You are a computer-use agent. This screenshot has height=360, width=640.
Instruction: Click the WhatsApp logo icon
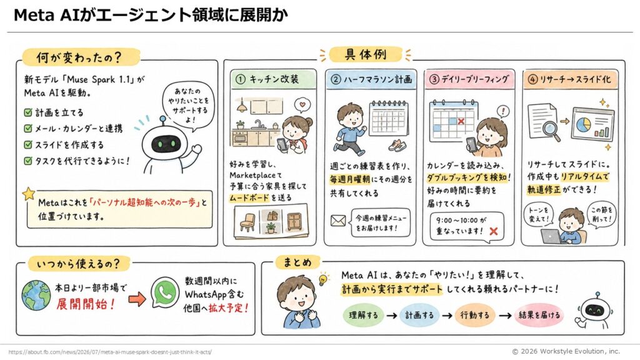point(165,292)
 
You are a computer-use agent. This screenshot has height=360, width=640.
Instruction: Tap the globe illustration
point(36,295)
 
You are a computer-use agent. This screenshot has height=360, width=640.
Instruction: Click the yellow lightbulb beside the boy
point(324,279)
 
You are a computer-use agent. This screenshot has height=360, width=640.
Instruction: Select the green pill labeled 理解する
point(363,315)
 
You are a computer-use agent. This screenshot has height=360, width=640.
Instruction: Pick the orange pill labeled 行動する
point(475,315)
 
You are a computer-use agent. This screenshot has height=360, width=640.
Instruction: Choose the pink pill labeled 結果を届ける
point(539,315)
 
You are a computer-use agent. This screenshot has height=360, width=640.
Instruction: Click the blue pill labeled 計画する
point(419,315)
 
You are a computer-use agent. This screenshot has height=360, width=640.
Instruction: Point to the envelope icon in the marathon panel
point(338,221)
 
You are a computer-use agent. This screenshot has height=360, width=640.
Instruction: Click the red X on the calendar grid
point(461,121)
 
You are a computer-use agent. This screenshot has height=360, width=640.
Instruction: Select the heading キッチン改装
point(274,79)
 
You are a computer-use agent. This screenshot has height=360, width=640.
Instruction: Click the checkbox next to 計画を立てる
point(27,112)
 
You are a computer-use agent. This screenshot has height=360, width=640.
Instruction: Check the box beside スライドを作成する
point(27,144)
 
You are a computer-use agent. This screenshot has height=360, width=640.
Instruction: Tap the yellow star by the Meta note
point(29,194)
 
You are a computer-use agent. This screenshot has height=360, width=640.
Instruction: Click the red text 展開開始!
point(86,304)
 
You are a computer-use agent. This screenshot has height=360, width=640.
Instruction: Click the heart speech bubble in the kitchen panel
point(302,105)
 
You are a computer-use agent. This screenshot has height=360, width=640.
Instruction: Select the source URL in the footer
point(110,352)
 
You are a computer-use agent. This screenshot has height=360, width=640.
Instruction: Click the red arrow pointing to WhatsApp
point(137,299)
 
